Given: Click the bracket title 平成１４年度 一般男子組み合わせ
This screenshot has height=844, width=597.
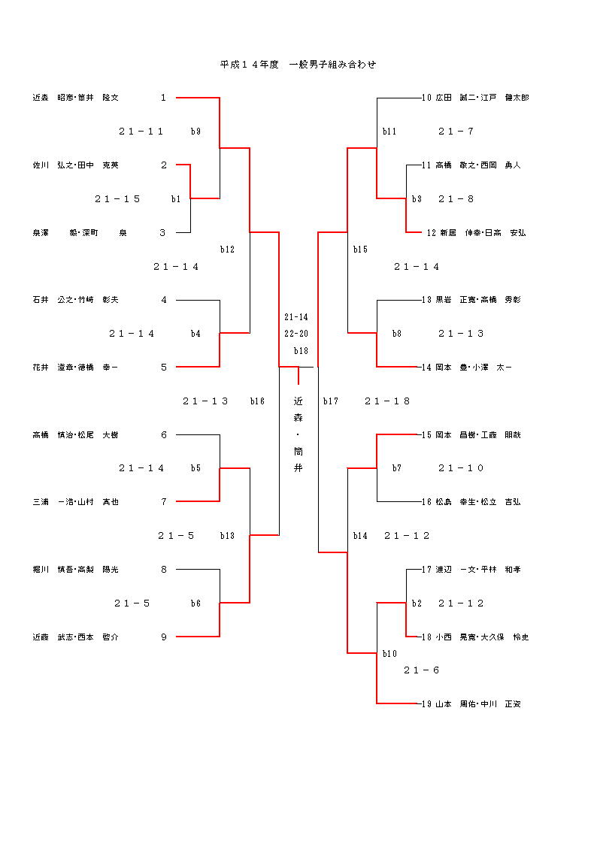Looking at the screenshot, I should point(298,65).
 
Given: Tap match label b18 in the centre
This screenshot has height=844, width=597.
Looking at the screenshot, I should point(301,351).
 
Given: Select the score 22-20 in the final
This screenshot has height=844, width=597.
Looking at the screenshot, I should point(296,334).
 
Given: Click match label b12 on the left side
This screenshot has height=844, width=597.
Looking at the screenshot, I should point(227,250).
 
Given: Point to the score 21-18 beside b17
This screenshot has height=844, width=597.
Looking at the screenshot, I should point(387,401).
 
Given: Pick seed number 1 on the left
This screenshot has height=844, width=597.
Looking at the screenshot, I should point(163,98).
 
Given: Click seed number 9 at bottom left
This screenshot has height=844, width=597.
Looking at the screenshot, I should point(163,637).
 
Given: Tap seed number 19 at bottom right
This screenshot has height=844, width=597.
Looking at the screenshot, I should point(426,704).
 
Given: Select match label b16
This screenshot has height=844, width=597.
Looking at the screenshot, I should point(257,401).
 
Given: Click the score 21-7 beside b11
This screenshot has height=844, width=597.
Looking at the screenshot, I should point(456,132).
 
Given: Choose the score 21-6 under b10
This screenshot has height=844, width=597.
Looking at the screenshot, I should point(421,670).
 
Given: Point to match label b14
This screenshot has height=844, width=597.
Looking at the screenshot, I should point(360,536).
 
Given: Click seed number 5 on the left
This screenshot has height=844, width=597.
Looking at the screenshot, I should point(163,368).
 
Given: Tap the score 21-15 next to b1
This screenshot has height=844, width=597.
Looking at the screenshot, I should point(118,199).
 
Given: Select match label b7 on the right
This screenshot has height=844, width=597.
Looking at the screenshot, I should point(396,468).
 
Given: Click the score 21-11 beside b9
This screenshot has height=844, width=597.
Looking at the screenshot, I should point(141,132).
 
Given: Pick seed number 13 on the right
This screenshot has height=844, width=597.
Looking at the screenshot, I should point(426,300).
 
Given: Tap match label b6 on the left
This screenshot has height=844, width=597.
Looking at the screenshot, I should point(195,604).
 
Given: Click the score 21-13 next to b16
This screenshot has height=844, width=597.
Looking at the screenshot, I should point(205,401).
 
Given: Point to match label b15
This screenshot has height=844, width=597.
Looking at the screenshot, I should point(360,250).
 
